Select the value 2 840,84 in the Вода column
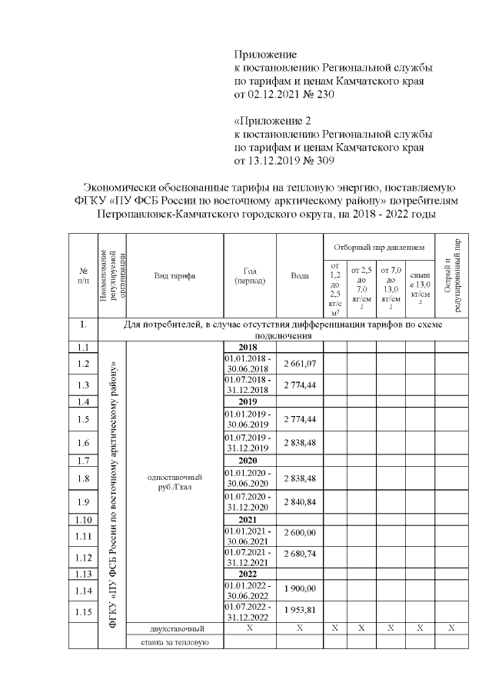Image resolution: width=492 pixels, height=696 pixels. [300, 502]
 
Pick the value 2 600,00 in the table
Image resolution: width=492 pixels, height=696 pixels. [300, 532]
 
